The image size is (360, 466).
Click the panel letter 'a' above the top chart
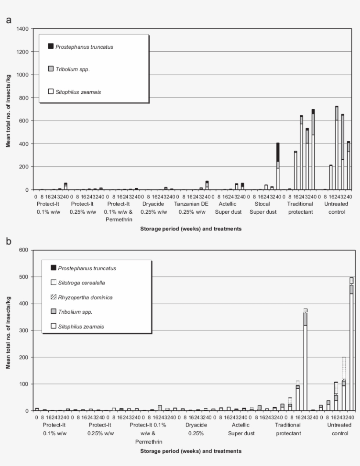(x=8, y=20)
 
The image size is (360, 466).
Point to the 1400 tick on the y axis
(x=22, y=29)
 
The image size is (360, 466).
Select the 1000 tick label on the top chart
(x=22, y=75)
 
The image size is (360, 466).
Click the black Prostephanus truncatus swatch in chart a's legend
(x=50, y=46)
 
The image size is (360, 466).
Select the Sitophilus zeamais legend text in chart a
(x=78, y=92)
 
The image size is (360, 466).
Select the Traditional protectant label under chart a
(x=301, y=208)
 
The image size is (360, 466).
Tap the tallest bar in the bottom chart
(x=351, y=347)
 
